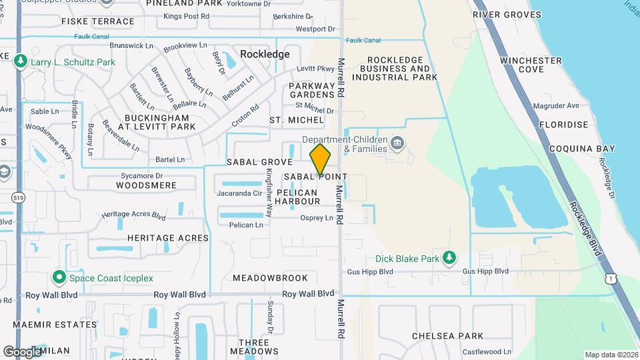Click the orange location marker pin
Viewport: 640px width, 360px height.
[321, 160]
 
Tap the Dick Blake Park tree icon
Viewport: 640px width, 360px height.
[450, 257]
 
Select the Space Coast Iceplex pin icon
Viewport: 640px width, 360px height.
[59, 277]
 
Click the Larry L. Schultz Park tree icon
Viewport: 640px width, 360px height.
[21, 62]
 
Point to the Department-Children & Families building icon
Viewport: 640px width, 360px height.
[397, 143]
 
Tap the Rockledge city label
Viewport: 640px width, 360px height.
[265, 54]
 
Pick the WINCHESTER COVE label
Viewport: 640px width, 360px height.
[531, 65]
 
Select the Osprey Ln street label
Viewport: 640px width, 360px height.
[317, 218]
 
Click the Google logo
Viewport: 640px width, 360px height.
[23, 351]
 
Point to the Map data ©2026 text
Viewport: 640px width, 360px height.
[611, 355]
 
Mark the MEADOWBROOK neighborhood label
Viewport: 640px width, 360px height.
[270, 277]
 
